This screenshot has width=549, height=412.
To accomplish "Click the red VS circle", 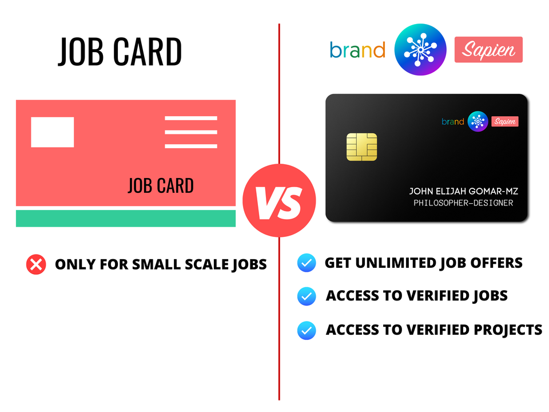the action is (x=279, y=200).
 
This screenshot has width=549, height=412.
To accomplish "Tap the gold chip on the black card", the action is (x=361, y=147).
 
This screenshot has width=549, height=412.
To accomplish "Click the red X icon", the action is (x=36, y=264).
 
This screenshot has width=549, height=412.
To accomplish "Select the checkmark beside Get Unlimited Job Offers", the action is (x=307, y=263).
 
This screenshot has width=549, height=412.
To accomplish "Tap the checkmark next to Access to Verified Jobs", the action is (x=307, y=296).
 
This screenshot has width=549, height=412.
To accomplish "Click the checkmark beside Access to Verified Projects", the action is (x=307, y=330).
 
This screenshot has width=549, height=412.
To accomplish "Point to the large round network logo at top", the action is (x=420, y=49).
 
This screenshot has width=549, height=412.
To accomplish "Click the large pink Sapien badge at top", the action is (x=488, y=50).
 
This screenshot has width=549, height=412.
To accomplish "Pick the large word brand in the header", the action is (x=357, y=50).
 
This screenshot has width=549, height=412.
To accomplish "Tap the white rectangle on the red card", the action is (x=53, y=132).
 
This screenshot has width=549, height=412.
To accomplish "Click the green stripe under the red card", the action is (x=126, y=218).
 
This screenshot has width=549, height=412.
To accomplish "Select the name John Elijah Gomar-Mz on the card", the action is (x=464, y=191).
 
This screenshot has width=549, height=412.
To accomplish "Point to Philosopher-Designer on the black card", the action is (x=463, y=203).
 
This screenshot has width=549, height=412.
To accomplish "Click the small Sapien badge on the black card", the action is (x=505, y=121).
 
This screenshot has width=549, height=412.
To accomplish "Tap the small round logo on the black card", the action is (x=478, y=121).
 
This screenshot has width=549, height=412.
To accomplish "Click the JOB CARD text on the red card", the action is (x=161, y=185).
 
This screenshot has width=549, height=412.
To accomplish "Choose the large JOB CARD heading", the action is (x=120, y=52).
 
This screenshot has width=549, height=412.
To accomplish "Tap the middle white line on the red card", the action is (x=191, y=132).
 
